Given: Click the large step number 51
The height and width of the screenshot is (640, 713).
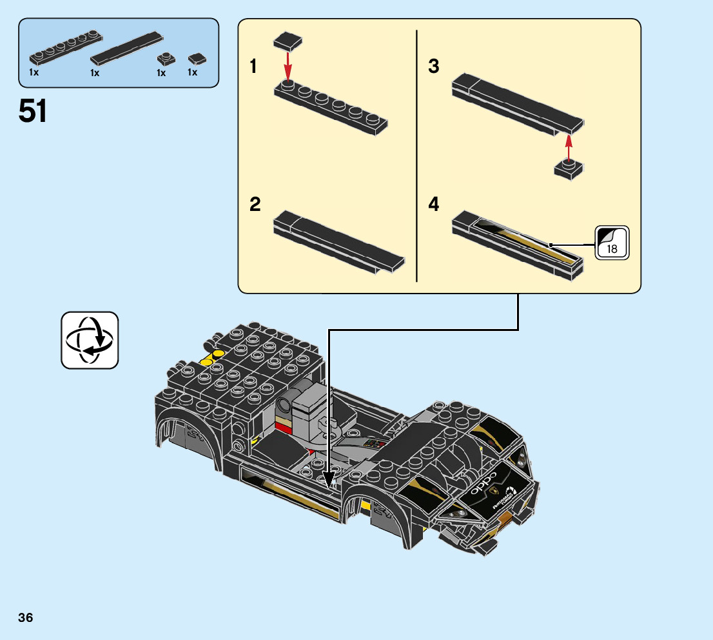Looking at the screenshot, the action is tap(33, 112).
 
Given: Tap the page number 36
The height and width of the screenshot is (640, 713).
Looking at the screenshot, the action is tap(26, 617).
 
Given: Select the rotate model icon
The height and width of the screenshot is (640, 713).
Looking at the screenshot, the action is tap(90, 340).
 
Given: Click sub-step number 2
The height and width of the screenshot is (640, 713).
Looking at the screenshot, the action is tap(255, 205).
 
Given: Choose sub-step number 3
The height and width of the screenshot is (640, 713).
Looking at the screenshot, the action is tap(434, 66).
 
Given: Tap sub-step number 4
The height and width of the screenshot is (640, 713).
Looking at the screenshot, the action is tap(434, 205).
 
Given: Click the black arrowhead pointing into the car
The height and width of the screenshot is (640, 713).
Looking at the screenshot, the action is tap(329, 480).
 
